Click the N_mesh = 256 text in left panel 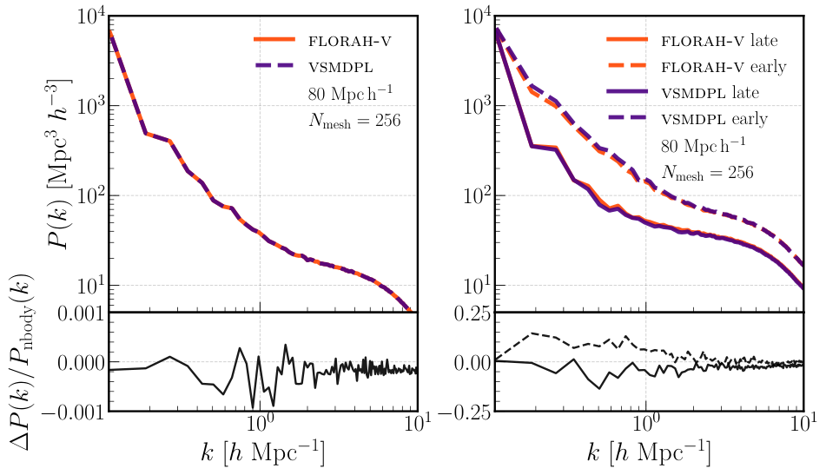(354, 121)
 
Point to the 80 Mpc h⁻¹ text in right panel (704, 146)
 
